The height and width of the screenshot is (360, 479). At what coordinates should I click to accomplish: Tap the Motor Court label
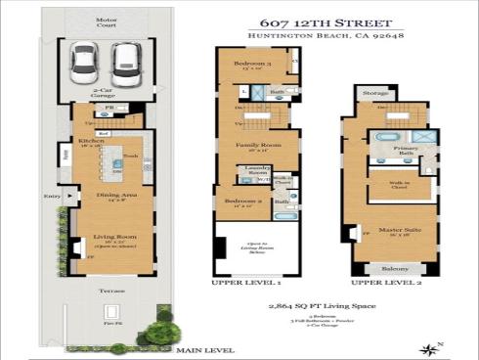[x=105, y=22]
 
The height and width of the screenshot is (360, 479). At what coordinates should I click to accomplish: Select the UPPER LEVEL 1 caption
[x=246, y=282]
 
